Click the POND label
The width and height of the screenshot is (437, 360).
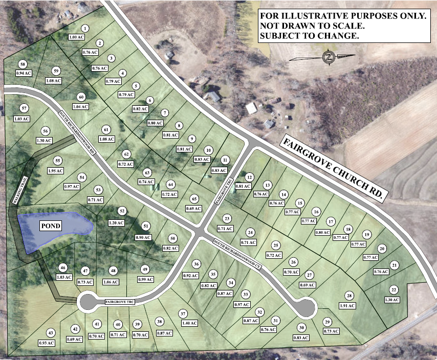pos(52,226)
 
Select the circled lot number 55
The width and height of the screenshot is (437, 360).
pos(58,161)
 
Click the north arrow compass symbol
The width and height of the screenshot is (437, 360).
pos(327,57)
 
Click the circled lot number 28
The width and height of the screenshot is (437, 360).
pos(349,296)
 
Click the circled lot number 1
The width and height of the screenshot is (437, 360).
pos(85,28)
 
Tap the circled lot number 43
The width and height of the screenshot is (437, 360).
pos(51,332)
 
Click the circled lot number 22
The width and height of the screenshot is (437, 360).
pos(393,289)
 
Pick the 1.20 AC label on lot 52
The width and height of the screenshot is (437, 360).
pos(117,223)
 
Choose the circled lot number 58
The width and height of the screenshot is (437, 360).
pos(23,64)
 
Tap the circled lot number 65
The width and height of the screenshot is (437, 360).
pos(194,198)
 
